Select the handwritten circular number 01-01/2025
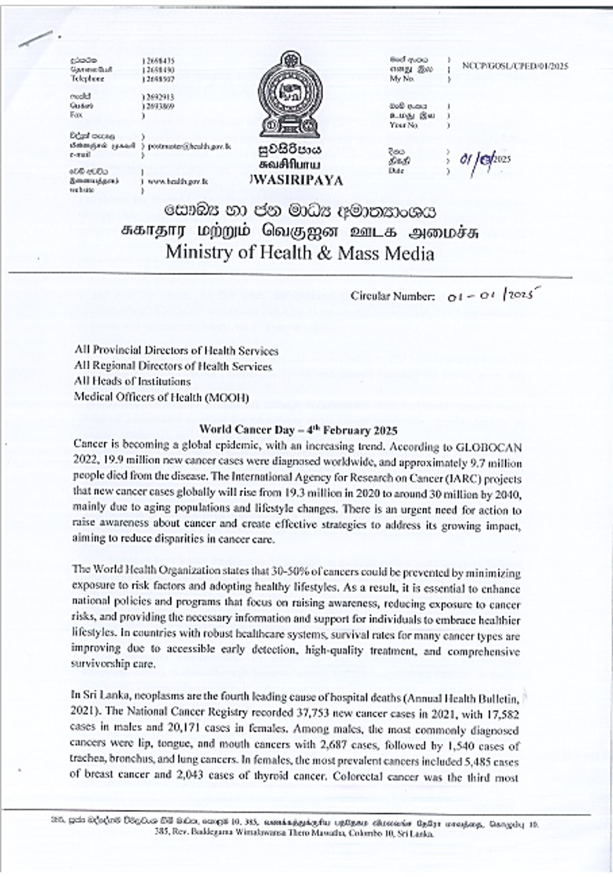coord(491,296)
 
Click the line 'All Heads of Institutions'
coord(132,382)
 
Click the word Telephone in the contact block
coord(87,79)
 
